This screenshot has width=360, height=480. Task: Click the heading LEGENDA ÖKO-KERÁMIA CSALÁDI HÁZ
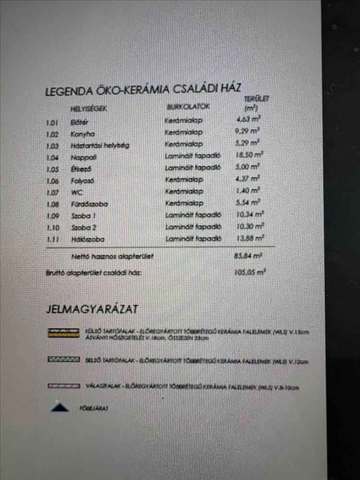click(x=143, y=90)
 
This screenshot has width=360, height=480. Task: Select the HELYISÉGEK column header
click(x=88, y=108)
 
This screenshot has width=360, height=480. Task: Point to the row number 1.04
click(x=52, y=157)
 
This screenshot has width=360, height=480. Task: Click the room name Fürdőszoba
click(x=89, y=204)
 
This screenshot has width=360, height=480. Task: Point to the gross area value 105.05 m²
click(x=250, y=272)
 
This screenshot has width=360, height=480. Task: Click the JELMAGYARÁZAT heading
click(x=92, y=309)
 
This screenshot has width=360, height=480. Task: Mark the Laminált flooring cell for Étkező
click(x=192, y=168)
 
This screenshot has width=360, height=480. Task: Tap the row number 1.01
click(x=52, y=123)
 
